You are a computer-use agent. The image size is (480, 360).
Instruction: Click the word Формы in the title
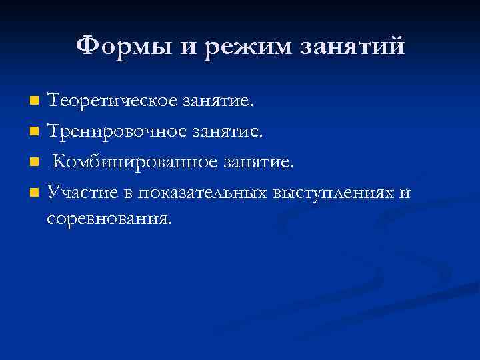click(x=114, y=47)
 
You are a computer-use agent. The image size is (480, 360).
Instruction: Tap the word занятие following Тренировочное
click(x=228, y=132)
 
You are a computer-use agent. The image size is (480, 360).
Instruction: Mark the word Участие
click(x=83, y=193)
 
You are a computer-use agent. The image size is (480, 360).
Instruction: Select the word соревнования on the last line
click(x=108, y=217)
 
